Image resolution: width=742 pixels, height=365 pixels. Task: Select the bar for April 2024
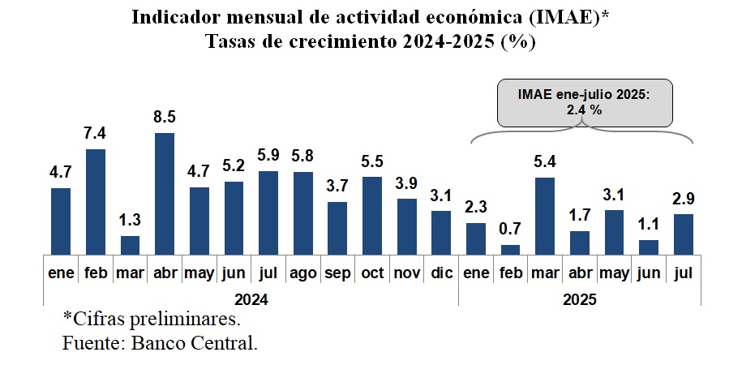pyautogui.click(x=165, y=193)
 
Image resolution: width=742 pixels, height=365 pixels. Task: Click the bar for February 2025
pyautogui.click(x=510, y=249)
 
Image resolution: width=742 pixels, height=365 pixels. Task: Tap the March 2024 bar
pyautogui.click(x=130, y=244)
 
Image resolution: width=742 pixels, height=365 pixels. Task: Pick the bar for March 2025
pyautogui.click(x=545, y=215)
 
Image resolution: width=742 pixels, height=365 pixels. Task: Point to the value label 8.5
pyautogui.click(x=165, y=118)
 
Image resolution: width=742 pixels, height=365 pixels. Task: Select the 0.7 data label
pyautogui.click(x=510, y=230)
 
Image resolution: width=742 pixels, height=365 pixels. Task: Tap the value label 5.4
pyautogui.click(x=545, y=162)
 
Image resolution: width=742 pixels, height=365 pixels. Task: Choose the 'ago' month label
pyautogui.click(x=302, y=273)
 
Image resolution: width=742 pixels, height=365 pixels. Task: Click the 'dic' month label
pyautogui.click(x=440, y=273)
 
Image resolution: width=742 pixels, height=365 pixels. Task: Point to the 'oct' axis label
pyautogui.click(x=371, y=273)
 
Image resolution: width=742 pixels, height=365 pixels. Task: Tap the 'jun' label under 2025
pyautogui.click(x=648, y=273)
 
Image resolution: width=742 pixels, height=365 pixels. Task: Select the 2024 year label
pyautogui.click(x=251, y=298)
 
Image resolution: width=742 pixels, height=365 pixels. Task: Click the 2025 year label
pyautogui.click(x=579, y=298)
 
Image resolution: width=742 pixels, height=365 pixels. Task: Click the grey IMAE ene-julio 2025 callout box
pyautogui.click(x=585, y=103)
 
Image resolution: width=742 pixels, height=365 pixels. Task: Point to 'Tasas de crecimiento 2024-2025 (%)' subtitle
pyautogui.click(x=371, y=43)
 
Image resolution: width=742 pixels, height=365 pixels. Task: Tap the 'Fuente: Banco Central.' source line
pyautogui.click(x=160, y=342)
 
